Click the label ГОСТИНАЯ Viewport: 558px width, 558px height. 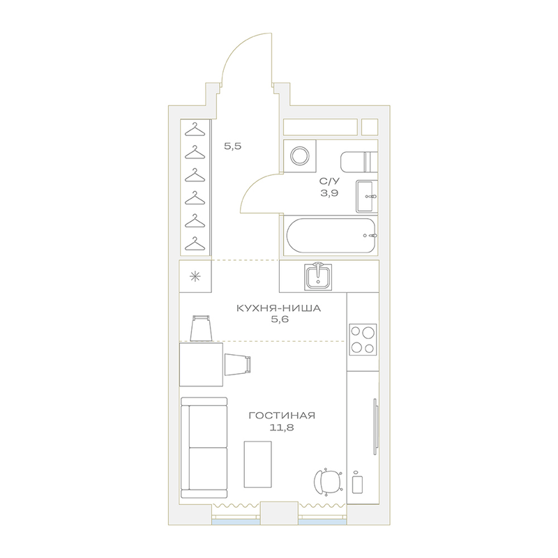point(282,415)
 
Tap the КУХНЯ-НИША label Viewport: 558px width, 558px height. point(278,308)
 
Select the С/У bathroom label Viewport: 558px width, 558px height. point(329,181)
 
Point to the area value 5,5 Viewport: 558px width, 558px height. point(233,146)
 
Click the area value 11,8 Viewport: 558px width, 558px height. point(282,428)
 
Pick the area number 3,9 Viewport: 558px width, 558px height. point(329,193)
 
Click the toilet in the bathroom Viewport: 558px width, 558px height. point(359,162)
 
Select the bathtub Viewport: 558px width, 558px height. point(331,235)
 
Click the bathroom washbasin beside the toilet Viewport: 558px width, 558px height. point(367,196)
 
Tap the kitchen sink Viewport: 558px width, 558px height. point(318,276)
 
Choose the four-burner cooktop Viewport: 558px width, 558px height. point(363,340)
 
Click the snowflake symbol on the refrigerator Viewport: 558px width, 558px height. point(195,276)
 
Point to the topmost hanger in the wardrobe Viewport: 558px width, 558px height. point(195,129)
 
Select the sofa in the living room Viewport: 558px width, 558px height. point(204,448)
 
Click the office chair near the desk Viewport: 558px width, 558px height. point(328,483)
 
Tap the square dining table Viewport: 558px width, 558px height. point(201,364)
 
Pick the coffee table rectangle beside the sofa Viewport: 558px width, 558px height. point(257,465)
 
